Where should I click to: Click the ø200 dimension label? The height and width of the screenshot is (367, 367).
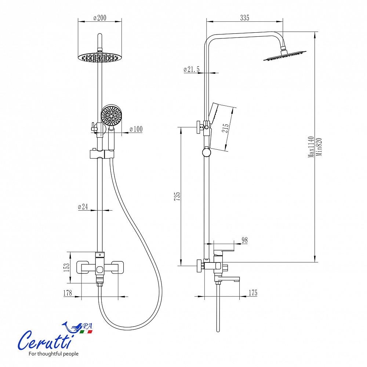[x=100, y=18]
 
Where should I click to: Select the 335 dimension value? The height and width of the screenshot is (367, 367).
[x=244, y=18]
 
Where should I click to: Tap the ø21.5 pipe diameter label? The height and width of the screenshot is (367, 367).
[x=192, y=69]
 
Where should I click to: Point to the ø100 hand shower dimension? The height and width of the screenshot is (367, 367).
[x=136, y=129]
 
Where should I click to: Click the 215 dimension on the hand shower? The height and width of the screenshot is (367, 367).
[x=225, y=128]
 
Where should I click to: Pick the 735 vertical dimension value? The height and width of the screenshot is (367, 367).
[x=177, y=196]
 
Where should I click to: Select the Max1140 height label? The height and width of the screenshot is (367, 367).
[x=311, y=147]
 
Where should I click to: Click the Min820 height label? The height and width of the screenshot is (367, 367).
[x=319, y=147]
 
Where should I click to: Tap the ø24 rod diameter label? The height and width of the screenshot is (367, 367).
[x=83, y=207]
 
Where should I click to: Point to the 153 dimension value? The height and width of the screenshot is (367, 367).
[x=67, y=267]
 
